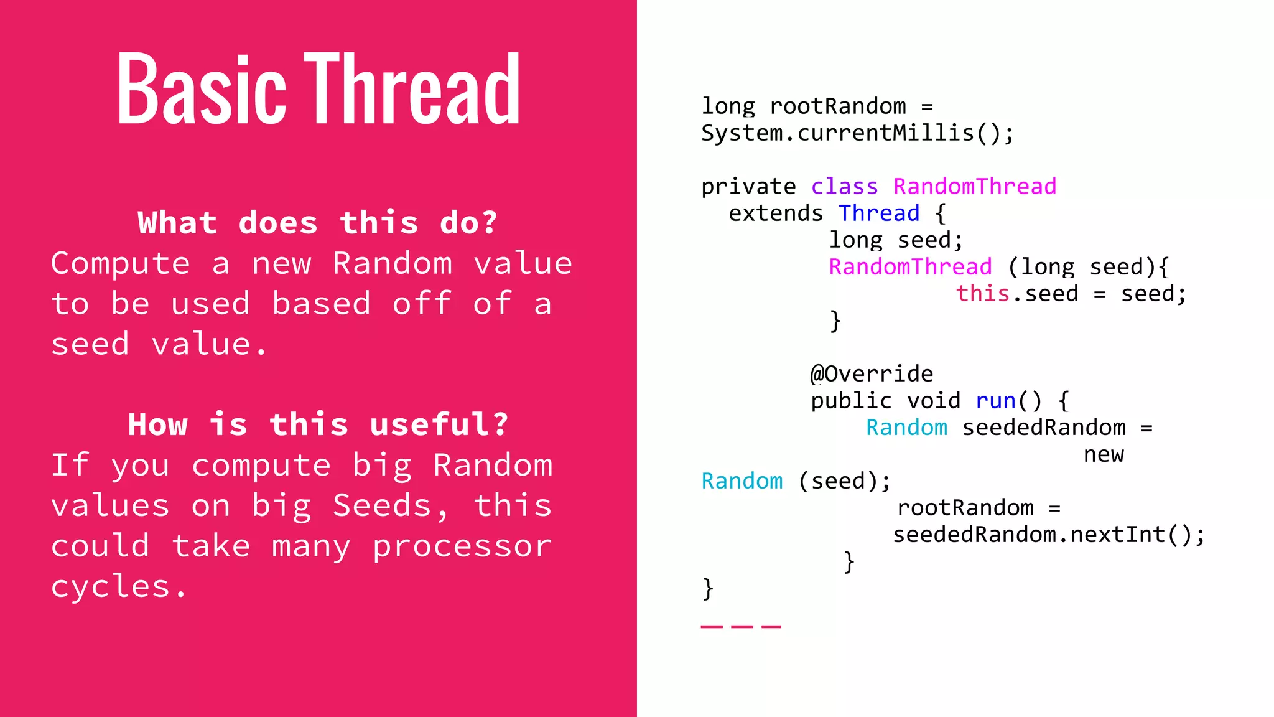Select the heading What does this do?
(318, 223)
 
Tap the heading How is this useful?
(318, 424)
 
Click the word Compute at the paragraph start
(120, 263)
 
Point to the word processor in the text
(462, 546)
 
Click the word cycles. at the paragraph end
(119, 586)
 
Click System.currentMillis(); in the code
(857, 133)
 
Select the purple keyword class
(844, 187)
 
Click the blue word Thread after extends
(878, 213)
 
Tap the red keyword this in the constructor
(982, 294)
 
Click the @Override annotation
(872, 374)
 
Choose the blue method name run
(995, 401)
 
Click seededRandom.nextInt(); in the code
(1049, 535)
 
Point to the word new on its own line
(1104, 455)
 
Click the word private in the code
(748, 187)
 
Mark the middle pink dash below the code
(742, 627)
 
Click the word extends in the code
(776, 213)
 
